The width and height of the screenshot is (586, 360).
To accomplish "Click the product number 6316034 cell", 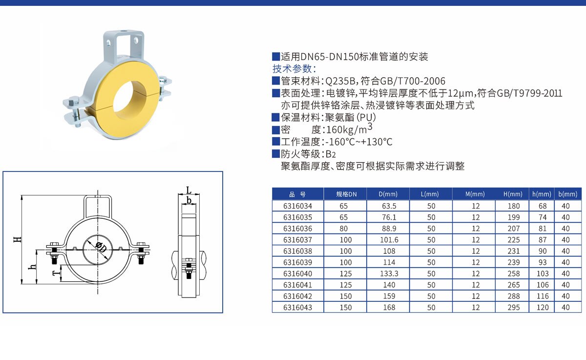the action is (x=298, y=206).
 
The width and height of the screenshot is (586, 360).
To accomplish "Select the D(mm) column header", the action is (x=388, y=194).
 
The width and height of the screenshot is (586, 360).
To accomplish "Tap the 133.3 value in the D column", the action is (x=389, y=274).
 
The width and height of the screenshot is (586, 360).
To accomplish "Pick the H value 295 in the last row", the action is (x=514, y=307).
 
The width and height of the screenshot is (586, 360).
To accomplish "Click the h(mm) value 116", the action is (x=543, y=296).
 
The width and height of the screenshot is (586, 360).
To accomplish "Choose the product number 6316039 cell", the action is (x=298, y=262).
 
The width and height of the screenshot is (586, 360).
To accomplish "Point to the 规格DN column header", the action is (x=346, y=194).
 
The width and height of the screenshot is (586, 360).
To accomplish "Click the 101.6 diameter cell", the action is (x=389, y=240).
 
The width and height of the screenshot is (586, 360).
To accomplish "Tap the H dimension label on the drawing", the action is (x=18, y=239).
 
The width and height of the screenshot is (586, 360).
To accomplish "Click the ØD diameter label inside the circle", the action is (x=101, y=247).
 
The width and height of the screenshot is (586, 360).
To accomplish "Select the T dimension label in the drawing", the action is (x=56, y=274).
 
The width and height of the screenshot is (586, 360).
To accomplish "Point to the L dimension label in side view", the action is (x=189, y=190).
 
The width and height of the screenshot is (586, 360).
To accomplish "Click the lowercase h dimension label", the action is (x=32, y=267).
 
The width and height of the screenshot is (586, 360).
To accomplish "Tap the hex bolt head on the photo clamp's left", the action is (x=74, y=102).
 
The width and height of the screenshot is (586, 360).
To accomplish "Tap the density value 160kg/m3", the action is (x=349, y=129).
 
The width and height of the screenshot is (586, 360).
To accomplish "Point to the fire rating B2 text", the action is (x=331, y=154).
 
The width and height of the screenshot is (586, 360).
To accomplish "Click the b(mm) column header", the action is (x=567, y=194).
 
